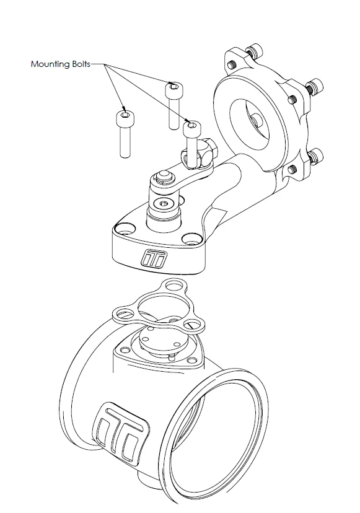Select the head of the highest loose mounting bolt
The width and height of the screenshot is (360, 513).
point(173,89)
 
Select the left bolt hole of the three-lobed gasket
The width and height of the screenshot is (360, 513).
point(123,313)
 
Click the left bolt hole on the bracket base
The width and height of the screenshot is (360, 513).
point(125,228)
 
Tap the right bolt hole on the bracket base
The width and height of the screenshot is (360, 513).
point(191,240)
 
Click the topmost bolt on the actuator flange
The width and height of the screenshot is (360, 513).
point(254,51)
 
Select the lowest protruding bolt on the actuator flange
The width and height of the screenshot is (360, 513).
point(316,156)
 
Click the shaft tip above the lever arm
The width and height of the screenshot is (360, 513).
point(163,175)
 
